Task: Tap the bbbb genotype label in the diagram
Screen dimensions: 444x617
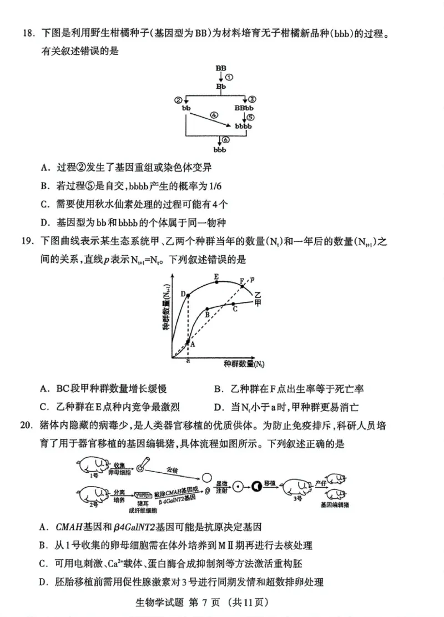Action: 243,127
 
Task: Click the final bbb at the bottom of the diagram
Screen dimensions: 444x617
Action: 220,149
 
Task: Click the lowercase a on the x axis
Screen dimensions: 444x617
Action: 188,360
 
